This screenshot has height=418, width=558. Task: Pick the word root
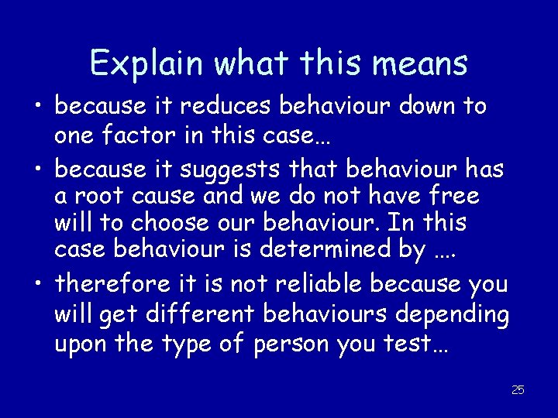pos(100,196)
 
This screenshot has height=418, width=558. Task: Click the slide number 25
pos(518,390)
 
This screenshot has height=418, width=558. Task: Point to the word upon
pos(81,343)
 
